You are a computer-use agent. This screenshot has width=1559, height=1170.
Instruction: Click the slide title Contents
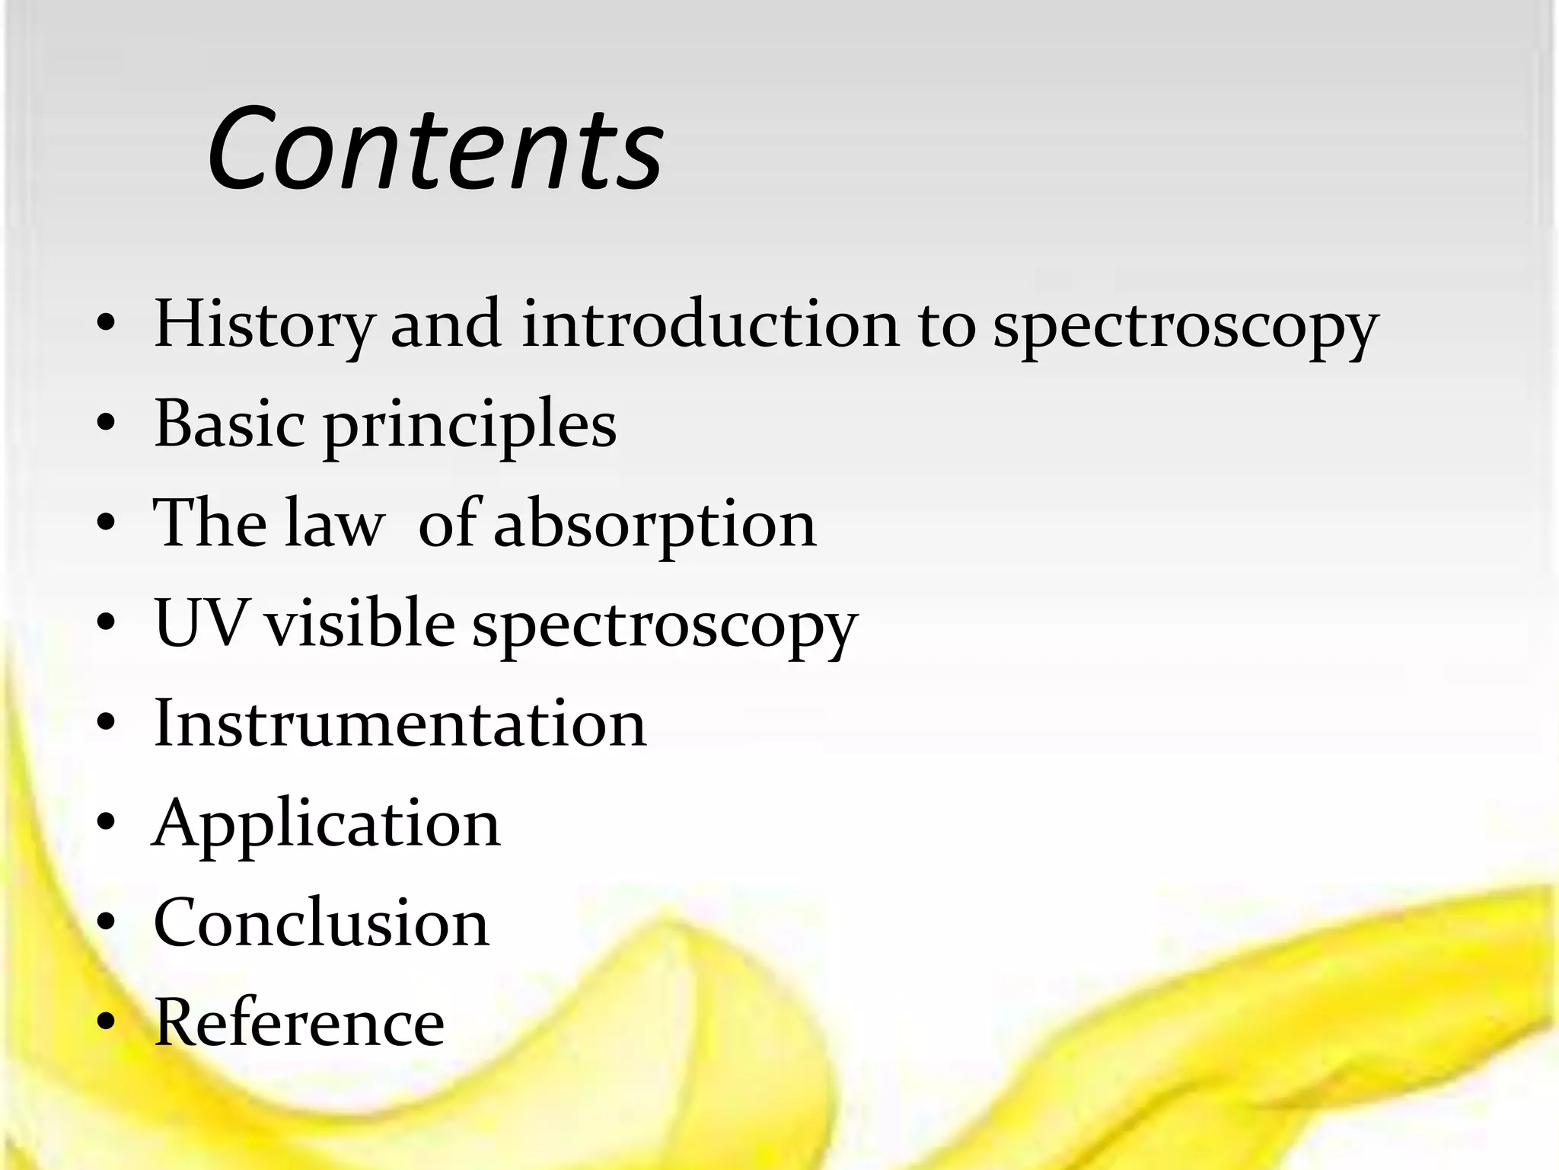[x=435, y=149]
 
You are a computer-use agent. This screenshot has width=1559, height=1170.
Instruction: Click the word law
[x=333, y=523]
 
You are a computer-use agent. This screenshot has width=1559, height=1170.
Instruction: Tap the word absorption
[x=655, y=526]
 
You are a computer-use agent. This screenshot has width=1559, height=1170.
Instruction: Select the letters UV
[x=200, y=623]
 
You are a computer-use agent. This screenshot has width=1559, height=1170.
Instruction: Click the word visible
[x=360, y=623]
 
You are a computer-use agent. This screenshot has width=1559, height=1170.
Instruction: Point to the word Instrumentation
[x=400, y=723]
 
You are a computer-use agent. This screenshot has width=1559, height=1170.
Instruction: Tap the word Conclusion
[x=321, y=922]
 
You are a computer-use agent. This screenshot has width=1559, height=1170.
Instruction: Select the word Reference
[x=299, y=1022]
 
